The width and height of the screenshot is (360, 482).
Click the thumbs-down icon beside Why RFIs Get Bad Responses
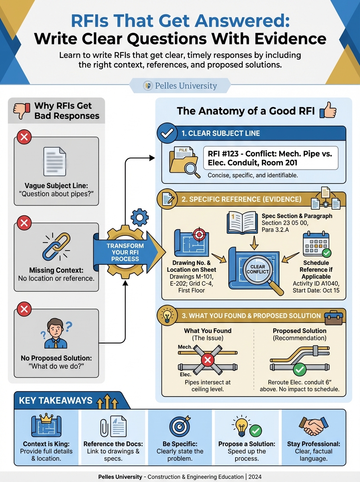click(x=22, y=111)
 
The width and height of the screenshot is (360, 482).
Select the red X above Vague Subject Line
click(x=25, y=138)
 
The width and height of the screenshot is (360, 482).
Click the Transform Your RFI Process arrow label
click(x=125, y=253)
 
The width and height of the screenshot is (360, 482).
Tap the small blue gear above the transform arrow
click(x=139, y=217)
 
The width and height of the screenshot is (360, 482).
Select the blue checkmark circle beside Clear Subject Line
click(x=167, y=134)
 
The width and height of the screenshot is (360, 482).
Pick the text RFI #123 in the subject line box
click(x=224, y=154)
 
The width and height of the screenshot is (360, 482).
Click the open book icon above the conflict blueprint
click(x=242, y=222)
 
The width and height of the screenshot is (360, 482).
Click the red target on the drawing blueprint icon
click(x=199, y=235)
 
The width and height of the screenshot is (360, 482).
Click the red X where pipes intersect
click(x=207, y=359)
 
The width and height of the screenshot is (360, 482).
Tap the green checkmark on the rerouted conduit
click(x=299, y=369)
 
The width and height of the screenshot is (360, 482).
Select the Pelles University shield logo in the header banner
click(x=148, y=86)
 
